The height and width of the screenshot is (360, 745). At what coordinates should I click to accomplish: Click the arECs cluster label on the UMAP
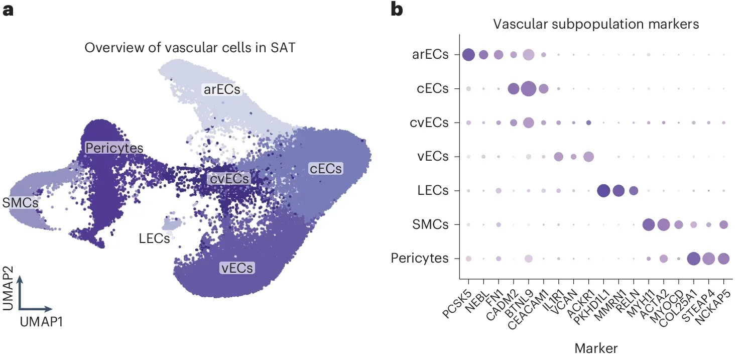pos(221,90)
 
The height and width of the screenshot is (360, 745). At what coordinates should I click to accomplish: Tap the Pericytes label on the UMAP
pos(114,148)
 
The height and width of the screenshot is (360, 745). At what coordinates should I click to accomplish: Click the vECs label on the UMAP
pos(237,268)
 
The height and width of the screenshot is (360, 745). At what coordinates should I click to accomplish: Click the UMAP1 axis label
pos(42,322)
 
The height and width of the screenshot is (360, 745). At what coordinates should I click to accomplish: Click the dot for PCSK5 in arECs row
pos(468,55)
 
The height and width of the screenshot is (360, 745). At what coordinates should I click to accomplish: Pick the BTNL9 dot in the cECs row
pos(529,89)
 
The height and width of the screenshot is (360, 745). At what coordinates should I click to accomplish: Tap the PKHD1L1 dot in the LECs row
pos(603,191)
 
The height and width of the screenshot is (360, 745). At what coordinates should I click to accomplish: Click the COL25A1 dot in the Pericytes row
pos(694,259)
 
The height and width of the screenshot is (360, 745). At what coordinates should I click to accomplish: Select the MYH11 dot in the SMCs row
pos(648,225)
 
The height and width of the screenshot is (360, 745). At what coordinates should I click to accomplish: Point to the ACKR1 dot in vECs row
pos(588,157)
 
